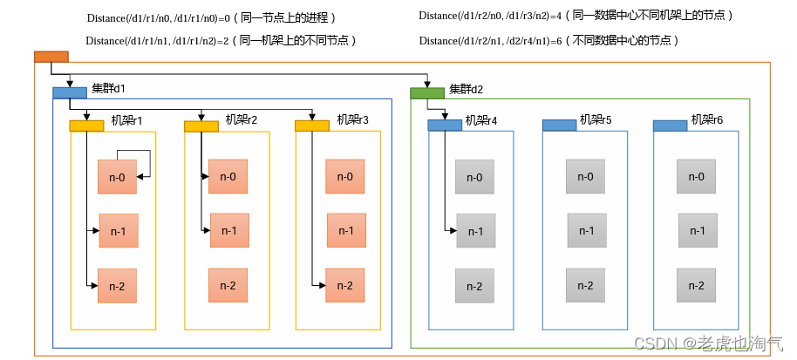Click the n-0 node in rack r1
point(117,178)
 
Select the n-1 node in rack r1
point(118,231)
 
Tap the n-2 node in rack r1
point(117,286)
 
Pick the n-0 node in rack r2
point(228,177)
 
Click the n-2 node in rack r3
point(344,286)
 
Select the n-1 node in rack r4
point(476,231)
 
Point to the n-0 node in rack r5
point(585,177)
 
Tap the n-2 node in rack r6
point(697,285)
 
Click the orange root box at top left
point(51,57)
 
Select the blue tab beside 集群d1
point(70,92)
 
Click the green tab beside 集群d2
point(427,92)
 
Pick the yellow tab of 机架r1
point(86,126)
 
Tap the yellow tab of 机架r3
point(311,126)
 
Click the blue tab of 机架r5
point(559,126)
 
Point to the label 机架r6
point(707,119)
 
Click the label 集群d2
point(466,89)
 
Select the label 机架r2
point(241,119)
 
